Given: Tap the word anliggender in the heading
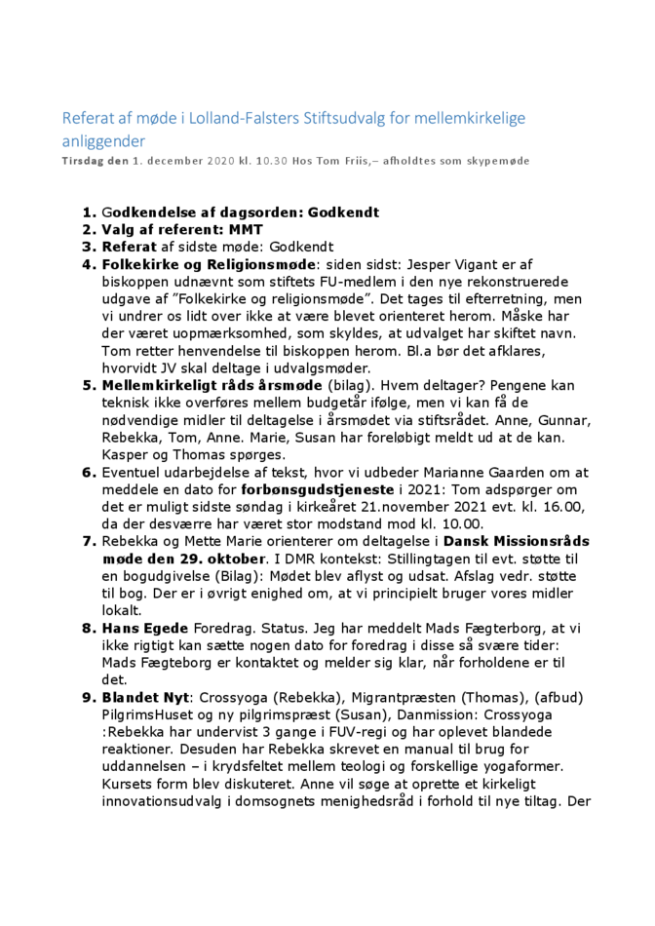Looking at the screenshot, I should [x=100, y=141].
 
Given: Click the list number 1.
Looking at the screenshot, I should [x=89, y=212].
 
